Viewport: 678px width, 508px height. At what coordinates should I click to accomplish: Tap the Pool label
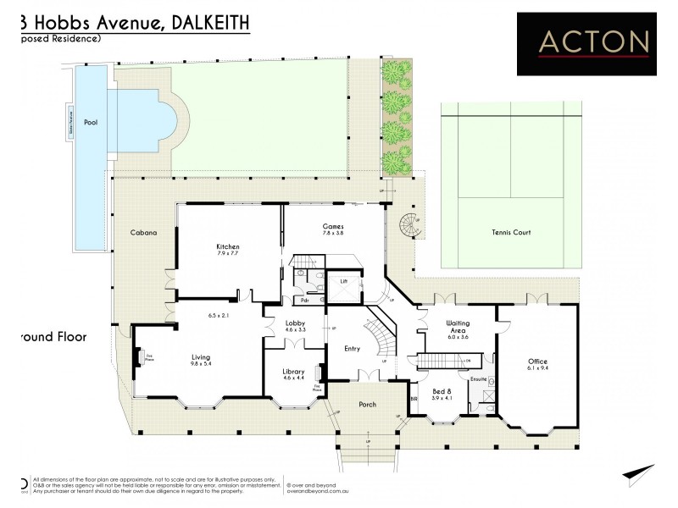(x=90, y=123)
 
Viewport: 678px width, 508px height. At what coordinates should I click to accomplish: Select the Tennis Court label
(x=511, y=231)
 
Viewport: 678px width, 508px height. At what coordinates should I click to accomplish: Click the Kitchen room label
(x=228, y=246)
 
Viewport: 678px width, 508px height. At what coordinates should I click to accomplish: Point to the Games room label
(x=332, y=226)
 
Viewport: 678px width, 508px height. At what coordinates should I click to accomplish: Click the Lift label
(x=344, y=279)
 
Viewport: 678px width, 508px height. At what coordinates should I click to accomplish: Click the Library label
(x=293, y=371)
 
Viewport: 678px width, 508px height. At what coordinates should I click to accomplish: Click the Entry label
(x=353, y=348)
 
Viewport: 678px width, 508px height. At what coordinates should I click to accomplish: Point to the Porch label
(x=367, y=404)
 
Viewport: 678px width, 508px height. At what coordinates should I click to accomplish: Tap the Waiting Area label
(x=458, y=328)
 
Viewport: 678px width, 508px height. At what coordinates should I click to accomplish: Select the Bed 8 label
(x=442, y=390)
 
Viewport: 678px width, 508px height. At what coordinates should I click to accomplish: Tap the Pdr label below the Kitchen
(x=303, y=300)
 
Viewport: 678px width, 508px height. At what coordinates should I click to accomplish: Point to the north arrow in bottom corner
(x=639, y=475)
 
